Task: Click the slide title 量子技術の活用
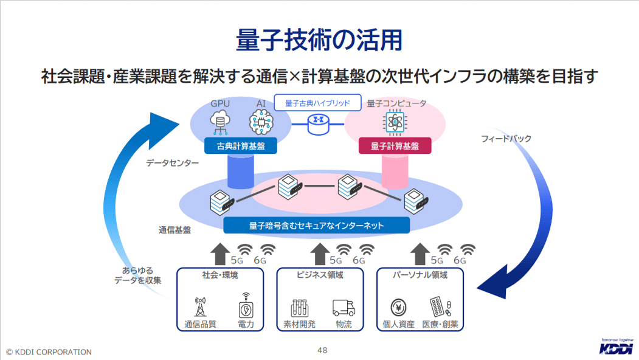point(319,40)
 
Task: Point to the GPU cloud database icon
point(220,122)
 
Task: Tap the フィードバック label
point(506,139)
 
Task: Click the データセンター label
point(172,163)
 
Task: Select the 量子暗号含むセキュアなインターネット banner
point(316,226)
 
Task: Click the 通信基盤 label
point(174,230)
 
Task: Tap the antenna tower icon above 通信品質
point(200,306)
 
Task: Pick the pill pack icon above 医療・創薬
point(442,306)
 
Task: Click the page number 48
point(322,350)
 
